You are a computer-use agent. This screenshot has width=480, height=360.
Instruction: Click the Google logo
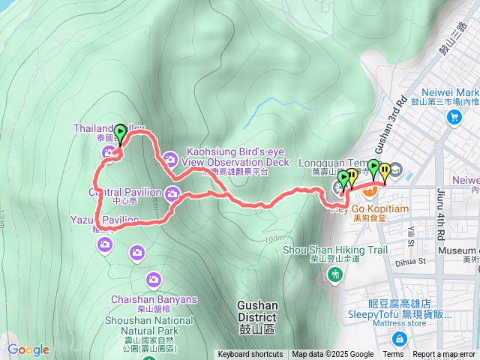(28, 349)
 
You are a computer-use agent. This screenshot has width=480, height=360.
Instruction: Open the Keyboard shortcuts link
(250, 355)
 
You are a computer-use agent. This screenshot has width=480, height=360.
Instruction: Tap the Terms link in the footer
(393, 355)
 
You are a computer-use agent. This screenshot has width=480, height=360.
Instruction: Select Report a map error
(445, 355)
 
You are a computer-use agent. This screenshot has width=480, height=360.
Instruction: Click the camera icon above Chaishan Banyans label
(154, 280)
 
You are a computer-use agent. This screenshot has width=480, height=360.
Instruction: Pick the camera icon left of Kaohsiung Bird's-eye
(170, 158)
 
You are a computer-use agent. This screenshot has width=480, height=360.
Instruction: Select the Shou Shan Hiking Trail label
(335, 250)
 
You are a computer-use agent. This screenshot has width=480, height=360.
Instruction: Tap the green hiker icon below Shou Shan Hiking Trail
(335, 274)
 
